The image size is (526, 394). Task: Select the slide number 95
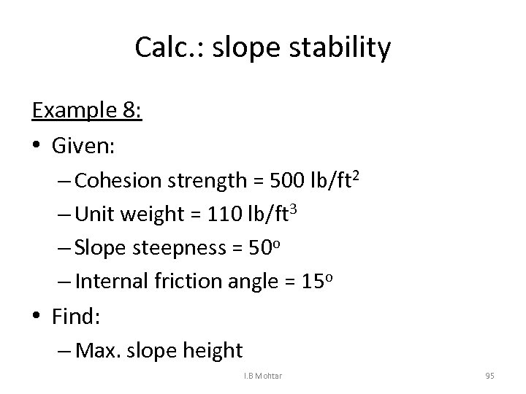489,376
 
